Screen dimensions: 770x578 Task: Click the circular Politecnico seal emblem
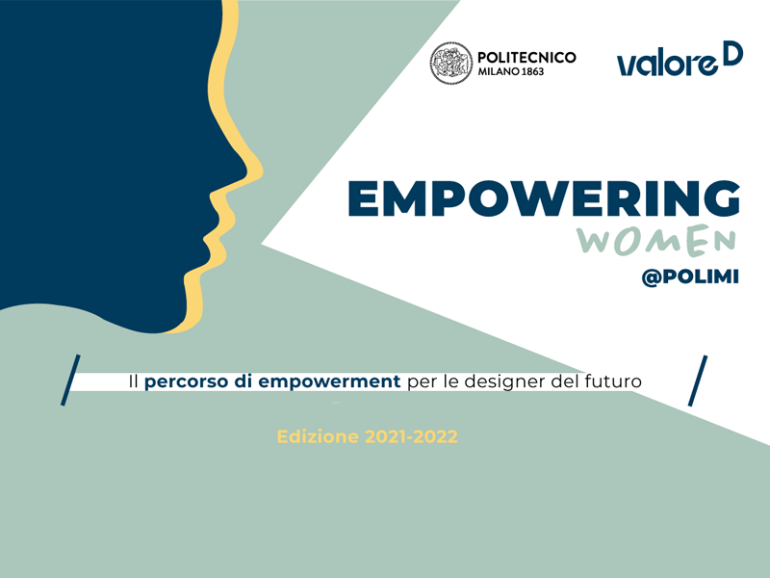click(x=450, y=63)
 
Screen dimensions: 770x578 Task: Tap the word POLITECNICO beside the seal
click(x=526, y=58)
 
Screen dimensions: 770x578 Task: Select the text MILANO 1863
click(x=511, y=71)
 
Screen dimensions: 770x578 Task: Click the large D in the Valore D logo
click(x=734, y=53)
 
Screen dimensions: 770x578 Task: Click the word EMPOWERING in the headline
click(x=544, y=198)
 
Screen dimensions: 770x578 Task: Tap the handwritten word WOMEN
click(x=657, y=240)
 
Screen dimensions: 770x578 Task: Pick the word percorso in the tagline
click(x=187, y=382)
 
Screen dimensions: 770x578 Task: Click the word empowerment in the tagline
click(x=329, y=382)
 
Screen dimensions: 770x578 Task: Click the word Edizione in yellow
click(x=319, y=436)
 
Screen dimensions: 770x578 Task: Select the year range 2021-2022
click(x=412, y=436)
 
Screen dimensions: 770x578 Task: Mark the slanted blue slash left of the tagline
click(x=70, y=380)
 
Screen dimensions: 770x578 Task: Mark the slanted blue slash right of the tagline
click(x=697, y=381)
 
